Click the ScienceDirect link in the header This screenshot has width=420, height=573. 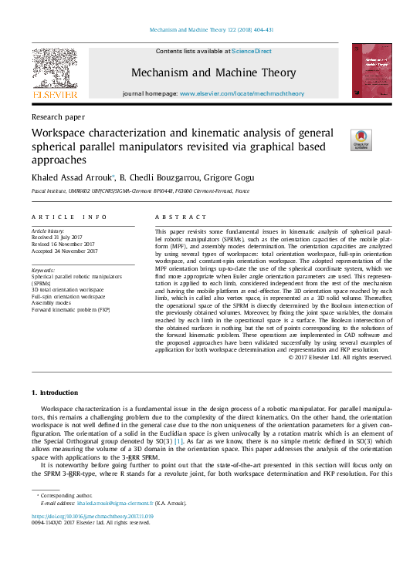point(252,51)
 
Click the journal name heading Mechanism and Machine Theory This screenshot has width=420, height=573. point(213,72)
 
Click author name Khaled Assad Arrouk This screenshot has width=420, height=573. point(72,176)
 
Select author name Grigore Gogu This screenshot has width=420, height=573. point(231,176)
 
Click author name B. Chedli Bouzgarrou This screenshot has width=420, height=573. point(161,176)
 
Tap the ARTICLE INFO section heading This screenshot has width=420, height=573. point(69,217)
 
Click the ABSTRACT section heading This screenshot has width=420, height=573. point(181,217)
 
